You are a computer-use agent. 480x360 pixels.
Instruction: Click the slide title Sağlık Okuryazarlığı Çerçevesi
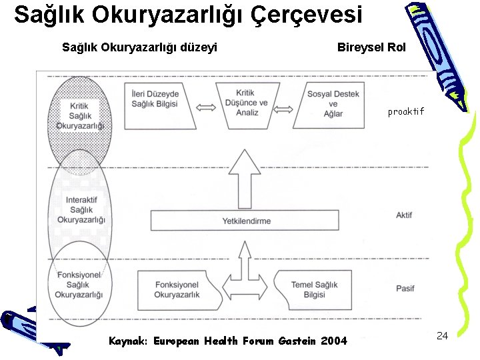coord(188,15)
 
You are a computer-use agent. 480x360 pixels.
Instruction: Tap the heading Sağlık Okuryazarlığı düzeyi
coord(139,47)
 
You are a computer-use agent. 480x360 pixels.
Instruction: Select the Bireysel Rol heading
coord(371,47)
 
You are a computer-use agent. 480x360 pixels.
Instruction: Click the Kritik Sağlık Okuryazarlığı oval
coord(81,116)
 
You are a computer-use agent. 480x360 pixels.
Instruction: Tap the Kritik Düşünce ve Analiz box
coord(247,103)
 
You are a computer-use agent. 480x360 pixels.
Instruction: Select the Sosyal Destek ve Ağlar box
coord(333,103)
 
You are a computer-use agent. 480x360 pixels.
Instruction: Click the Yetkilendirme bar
coord(247,221)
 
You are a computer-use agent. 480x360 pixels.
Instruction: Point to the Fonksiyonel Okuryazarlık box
coord(177,289)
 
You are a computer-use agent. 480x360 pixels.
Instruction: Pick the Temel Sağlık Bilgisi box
coord(314,289)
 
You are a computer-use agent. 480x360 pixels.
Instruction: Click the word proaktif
coord(405,112)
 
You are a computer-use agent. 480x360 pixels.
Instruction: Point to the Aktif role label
coord(404,216)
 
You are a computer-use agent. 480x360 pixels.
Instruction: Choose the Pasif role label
coord(405,288)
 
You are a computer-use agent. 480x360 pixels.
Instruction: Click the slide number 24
coord(441,335)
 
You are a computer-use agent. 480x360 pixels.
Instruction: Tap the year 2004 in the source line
coord(334,341)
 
